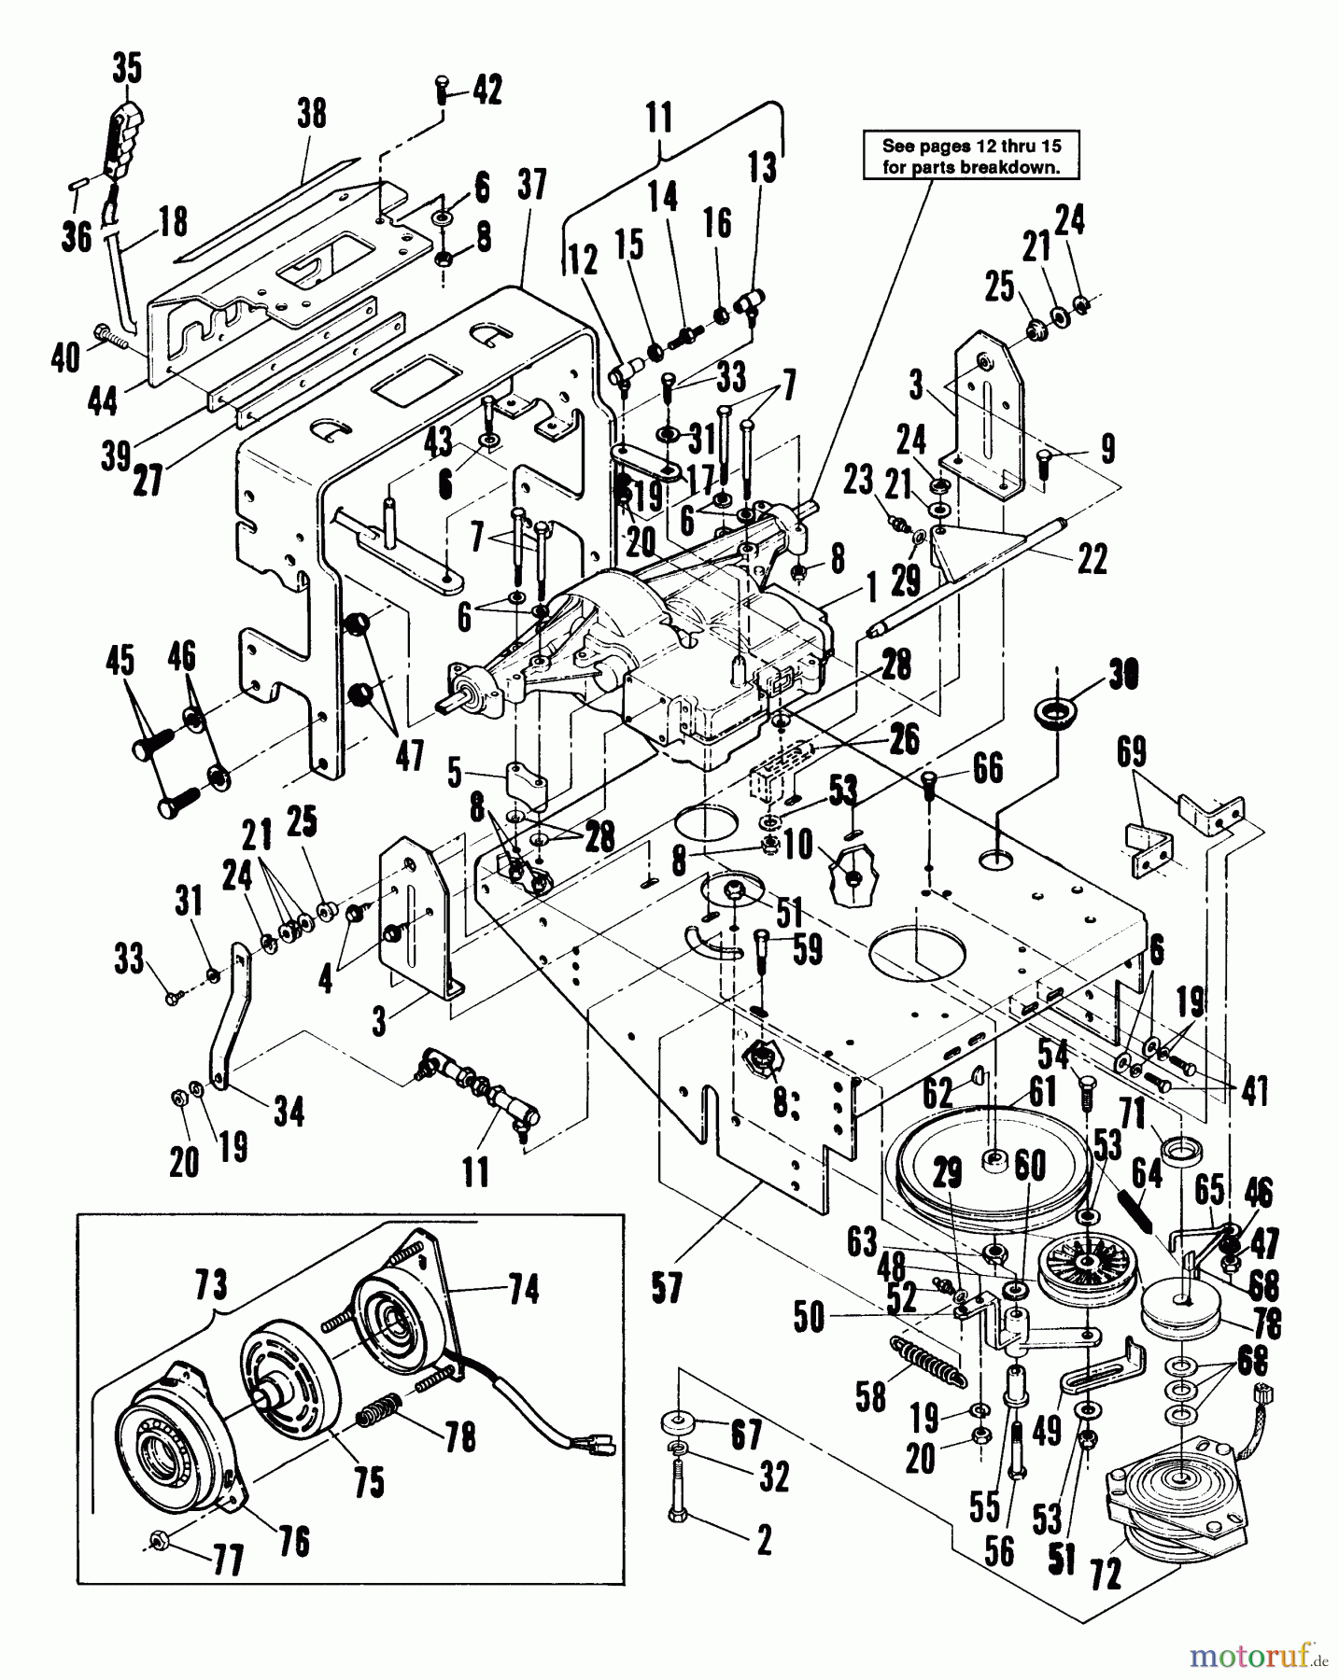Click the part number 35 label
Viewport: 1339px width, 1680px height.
(x=127, y=68)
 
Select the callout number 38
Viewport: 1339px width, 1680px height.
(x=312, y=113)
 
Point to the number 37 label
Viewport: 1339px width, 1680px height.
(x=531, y=185)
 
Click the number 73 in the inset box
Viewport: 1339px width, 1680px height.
(x=211, y=1285)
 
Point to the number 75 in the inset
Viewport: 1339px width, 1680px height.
(x=369, y=1482)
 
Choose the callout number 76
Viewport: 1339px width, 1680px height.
(x=294, y=1541)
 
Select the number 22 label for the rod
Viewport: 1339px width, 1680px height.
(x=1092, y=559)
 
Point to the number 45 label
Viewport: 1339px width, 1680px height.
(x=120, y=661)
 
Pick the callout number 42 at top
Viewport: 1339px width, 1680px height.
(x=486, y=90)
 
